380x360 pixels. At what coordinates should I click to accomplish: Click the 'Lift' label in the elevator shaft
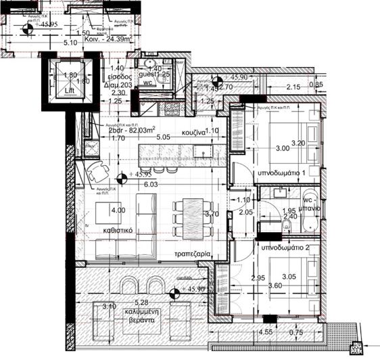point(70,89)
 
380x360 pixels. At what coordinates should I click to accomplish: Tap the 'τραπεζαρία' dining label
point(192,255)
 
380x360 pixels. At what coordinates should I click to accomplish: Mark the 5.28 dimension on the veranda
point(141,302)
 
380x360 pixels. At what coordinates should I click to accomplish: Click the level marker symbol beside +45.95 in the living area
point(122,179)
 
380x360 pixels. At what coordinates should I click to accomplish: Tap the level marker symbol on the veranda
point(174,293)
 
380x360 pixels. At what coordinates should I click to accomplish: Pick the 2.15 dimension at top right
point(293,87)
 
